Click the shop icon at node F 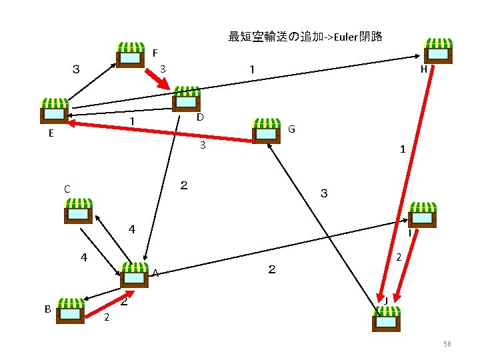pos(130,55)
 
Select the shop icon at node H pos(438,51)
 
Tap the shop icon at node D pos(186,99)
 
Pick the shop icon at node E pos(55,111)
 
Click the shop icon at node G pos(267,131)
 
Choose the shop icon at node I pos(422,215)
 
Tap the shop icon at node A pos(135,275)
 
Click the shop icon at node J pos(387,318)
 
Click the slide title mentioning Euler pos(305,37)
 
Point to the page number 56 pos(447,344)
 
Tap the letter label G pos(292,129)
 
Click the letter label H pos(423,69)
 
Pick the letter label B pos(47,309)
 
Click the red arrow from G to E pos(160,131)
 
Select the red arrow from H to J pos(406,180)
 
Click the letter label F pos(155,52)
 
